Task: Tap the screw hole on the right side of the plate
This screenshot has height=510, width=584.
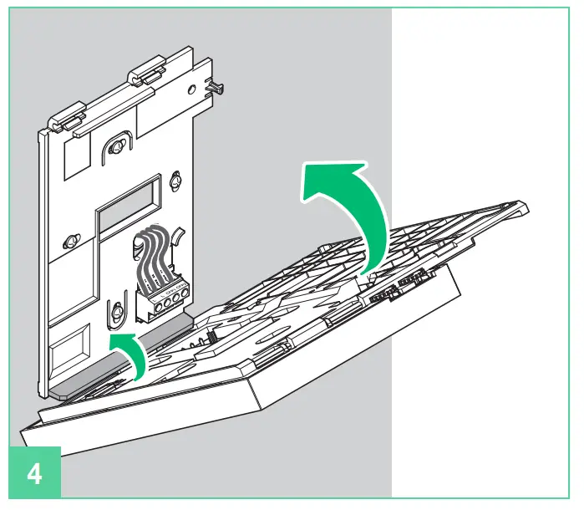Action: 176,181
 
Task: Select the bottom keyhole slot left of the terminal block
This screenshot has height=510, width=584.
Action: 118,312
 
